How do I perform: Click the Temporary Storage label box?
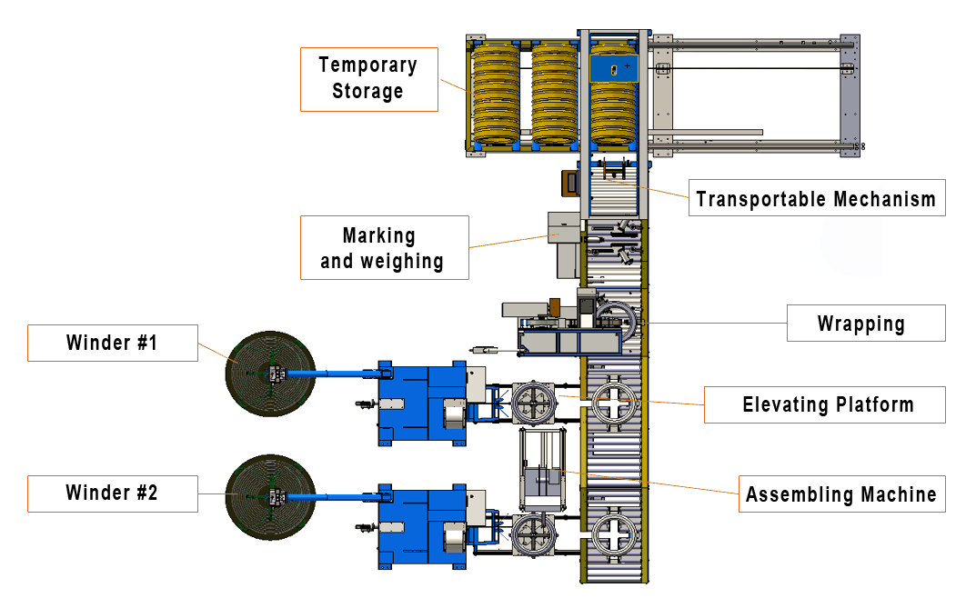[x=368, y=79]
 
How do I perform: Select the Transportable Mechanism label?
[x=816, y=198]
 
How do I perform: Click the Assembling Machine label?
[x=841, y=494]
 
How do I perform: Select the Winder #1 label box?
[x=112, y=343]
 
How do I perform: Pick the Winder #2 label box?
[x=112, y=493]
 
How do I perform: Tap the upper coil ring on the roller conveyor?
[x=613, y=401]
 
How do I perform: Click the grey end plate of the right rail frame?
[x=850, y=95]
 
